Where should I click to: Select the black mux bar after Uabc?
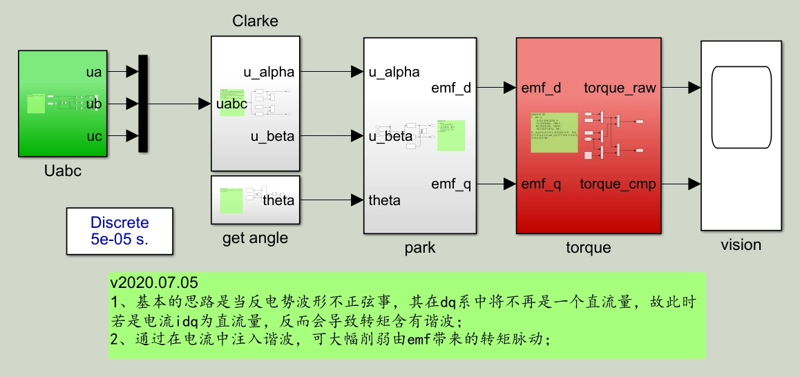tap(143, 104)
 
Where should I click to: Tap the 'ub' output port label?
tap(95, 104)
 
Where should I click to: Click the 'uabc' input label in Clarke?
tap(232, 104)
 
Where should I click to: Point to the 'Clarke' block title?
tap(255, 21)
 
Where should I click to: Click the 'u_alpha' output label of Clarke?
tap(269, 72)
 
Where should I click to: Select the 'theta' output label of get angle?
tap(278, 201)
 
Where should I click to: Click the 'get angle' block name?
tap(255, 239)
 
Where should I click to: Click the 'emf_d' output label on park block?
tap(450, 88)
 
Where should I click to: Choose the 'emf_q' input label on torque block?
tap(542, 184)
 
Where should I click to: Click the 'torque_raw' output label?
tap(620, 88)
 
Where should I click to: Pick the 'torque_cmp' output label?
tap(618, 184)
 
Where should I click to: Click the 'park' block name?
tap(420, 247)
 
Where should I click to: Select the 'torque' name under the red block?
tap(589, 247)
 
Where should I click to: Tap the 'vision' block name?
tap(741, 245)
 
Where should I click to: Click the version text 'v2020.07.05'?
tap(154, 283)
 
